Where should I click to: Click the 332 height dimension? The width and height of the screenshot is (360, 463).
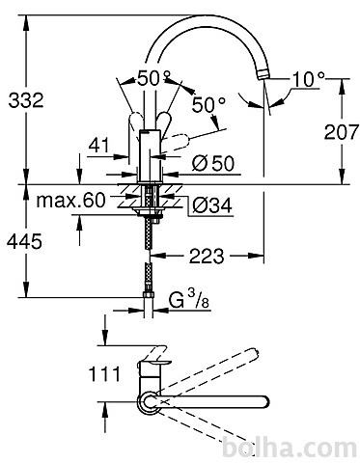tap(26, 100)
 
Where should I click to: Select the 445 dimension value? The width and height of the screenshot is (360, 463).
tap(24, 241)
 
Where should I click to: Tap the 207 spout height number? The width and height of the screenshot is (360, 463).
tap(341, 132)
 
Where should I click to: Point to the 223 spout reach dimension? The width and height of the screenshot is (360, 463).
tap(207, 257)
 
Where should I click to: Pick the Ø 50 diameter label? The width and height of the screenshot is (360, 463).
tap(213, 163)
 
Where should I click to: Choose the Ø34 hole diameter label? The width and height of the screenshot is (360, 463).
tap(212, 205)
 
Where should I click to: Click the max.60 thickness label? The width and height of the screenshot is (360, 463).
tap(70, 200)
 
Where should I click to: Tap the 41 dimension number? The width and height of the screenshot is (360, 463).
tap(99, 146)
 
